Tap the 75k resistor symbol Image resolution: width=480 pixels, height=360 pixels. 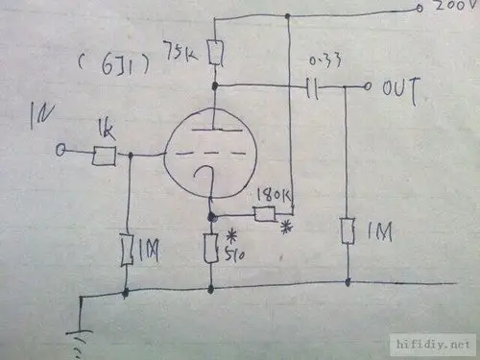(215, 53)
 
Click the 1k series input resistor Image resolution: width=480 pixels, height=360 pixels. (104, 153)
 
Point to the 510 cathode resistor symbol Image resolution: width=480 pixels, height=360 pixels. (211, 248)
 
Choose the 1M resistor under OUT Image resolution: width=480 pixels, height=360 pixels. (348, 232)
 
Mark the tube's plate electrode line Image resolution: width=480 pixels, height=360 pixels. (214, 129)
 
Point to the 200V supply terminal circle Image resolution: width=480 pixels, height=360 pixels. (420, 8)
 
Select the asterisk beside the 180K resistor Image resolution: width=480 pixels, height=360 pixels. (285, 227)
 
